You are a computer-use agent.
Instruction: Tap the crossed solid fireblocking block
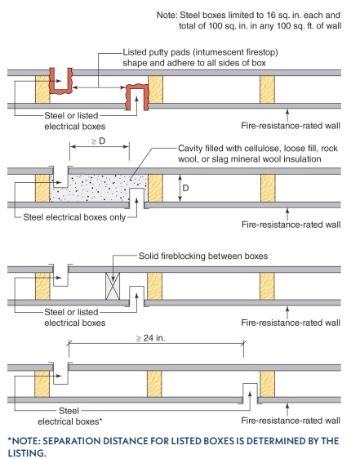coord(113,286)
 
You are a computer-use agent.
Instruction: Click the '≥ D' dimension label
coord(98,141)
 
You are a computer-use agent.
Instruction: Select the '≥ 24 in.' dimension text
coord(151,338)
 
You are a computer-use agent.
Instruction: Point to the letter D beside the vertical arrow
coord(185,188)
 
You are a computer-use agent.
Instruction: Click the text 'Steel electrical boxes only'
coord(74,217)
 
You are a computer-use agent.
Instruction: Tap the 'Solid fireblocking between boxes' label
coord(203,256)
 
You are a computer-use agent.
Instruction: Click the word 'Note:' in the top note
coord(167,15)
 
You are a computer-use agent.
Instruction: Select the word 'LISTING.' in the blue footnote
coord(27,452)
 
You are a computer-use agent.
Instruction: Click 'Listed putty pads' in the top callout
coord(157,52)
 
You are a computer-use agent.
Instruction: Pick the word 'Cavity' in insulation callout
coord(189,149)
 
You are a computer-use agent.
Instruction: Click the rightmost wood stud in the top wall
coord(267,89)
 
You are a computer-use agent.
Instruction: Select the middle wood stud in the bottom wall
coord(154,384)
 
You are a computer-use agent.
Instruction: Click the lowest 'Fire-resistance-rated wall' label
coord(291,421)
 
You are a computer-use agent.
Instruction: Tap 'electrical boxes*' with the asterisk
coord(70,421)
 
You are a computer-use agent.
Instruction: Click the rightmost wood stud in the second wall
coord(268,188)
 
